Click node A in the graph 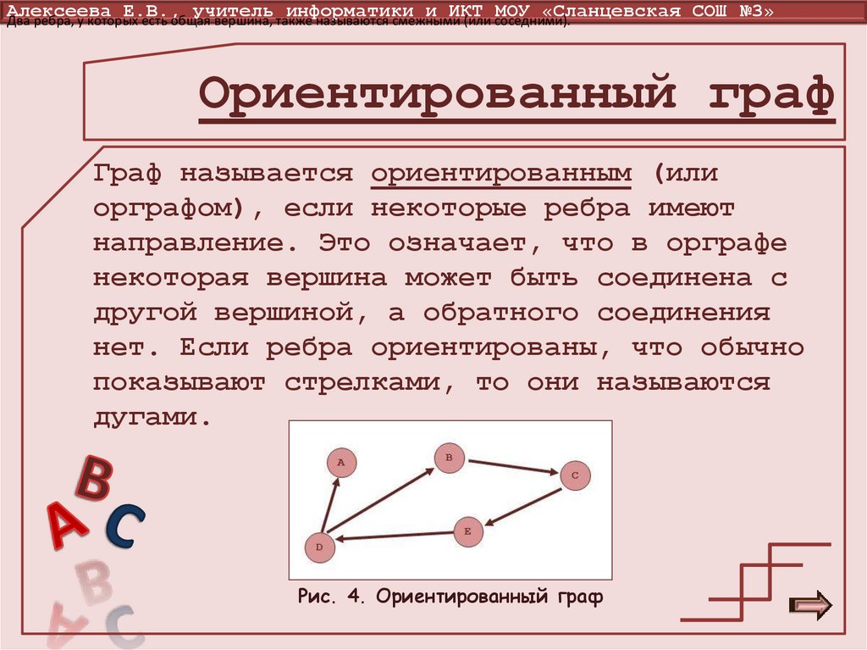point(341,463)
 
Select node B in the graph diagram point(450,458)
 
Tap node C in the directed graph point(574,475)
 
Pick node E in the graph point(467,531)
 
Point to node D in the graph point(319,547)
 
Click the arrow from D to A point(330,505)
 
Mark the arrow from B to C point(511,467)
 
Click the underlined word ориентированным point(501,173)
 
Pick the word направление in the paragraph point(187,243)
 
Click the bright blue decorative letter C point(125,525)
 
